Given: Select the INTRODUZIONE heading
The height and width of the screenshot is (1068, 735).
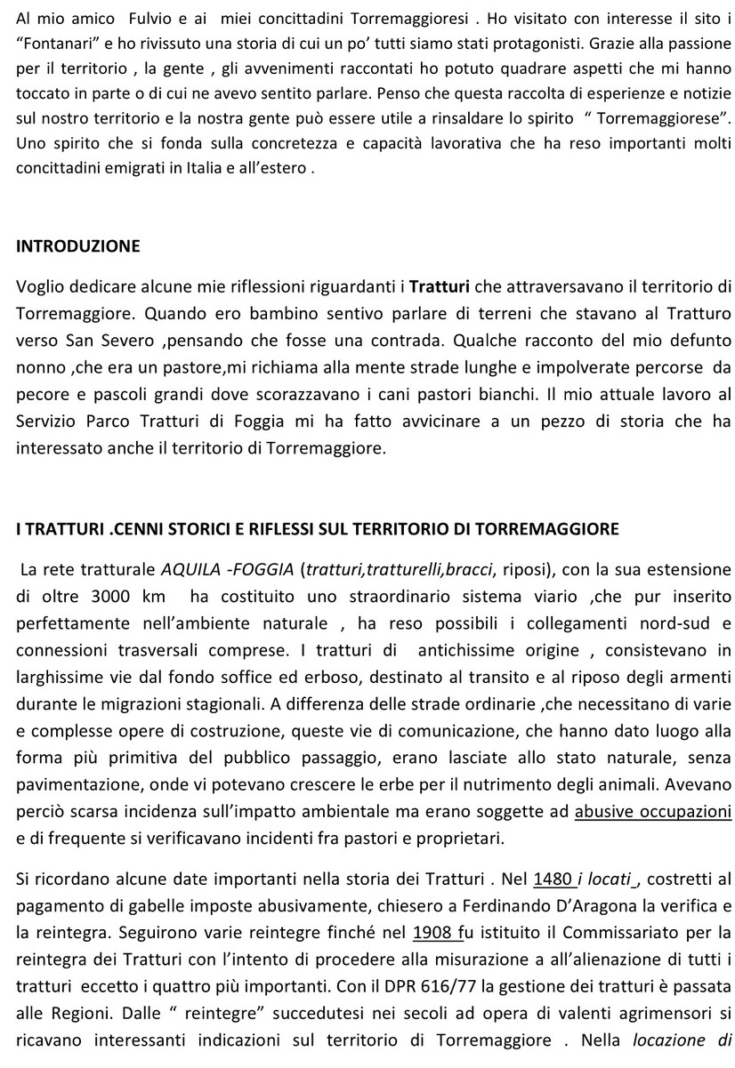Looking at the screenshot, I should [x=78, y=246].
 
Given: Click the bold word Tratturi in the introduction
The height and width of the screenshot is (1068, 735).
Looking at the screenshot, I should [x=439, y=286].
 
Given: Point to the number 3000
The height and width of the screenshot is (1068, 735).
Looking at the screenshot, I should [x=109, y=593].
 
